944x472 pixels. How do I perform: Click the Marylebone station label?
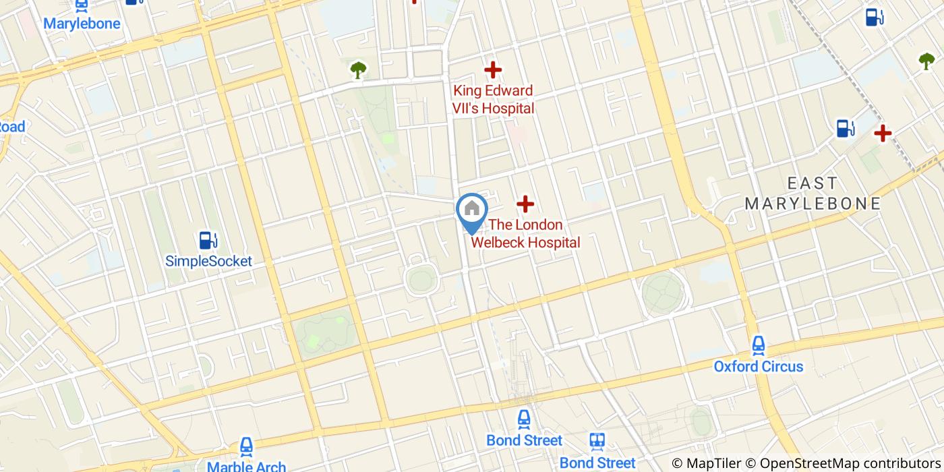[82, 24]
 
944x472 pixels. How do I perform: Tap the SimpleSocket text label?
[208, 261]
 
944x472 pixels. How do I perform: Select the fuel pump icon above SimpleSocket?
[208, 240]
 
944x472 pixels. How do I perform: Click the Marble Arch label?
[246, 466]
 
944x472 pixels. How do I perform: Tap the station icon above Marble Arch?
[247, 446]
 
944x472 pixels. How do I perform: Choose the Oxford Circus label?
[759, 367]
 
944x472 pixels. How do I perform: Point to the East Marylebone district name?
[813, 193]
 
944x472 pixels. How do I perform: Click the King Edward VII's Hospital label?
[493, 99]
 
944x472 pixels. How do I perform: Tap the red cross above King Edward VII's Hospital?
[493, 69]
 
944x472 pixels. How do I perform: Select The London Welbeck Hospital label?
[525, 233]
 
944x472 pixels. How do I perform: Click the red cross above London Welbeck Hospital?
[525, 204]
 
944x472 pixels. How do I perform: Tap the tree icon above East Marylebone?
[926, 61]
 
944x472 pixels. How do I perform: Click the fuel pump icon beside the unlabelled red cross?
[845, 128]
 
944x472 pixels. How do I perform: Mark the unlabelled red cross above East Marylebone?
[882, 133]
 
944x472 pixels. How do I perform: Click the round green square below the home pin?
[421, 279]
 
